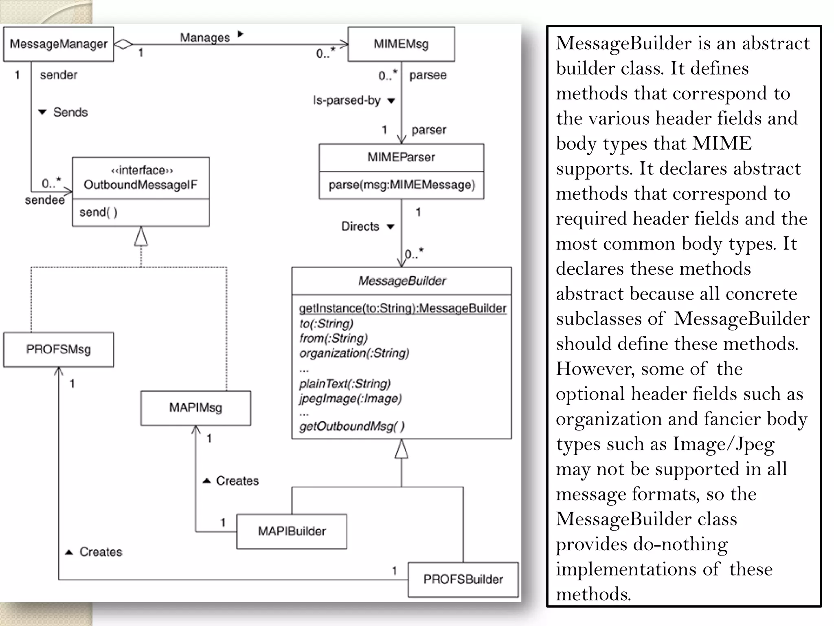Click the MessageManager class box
(58, 44)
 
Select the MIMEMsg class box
(401, 44)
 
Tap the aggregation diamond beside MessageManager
(123, 44)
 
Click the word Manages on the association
(205, 37)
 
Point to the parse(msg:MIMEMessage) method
(402, 185)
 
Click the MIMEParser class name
(401, 157)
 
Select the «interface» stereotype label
(142, 170)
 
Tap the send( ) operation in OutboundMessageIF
(98, 212)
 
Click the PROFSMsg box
(58, 349)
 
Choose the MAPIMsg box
(195, 408)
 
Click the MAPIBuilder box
(292, 531)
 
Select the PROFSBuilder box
(463, 580)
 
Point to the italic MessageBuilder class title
(402, 281)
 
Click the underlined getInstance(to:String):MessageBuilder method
(402, 308)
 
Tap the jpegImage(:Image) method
(350, 399)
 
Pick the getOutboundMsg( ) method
(352, 426)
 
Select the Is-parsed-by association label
(347, 100)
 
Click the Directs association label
(360, 227)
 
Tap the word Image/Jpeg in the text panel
(723, 444)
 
